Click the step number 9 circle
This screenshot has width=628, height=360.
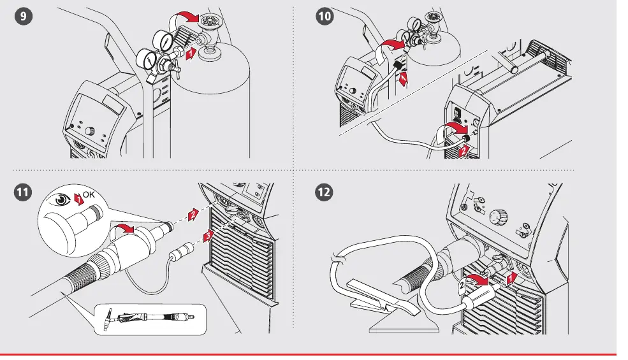[23, 17]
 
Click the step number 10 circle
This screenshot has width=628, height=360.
[325, 17]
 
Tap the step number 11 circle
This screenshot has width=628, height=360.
[23, 192]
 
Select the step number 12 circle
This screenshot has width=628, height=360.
[324, 192]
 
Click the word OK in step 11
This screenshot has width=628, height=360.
[89, 195]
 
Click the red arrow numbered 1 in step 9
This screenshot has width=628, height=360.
[191, 54]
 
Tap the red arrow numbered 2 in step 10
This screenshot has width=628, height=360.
[464, 151]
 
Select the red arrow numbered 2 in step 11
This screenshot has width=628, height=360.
[193, 215]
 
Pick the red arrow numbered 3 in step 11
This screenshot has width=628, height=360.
[207, 236]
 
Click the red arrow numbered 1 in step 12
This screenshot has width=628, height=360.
[511, 278]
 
